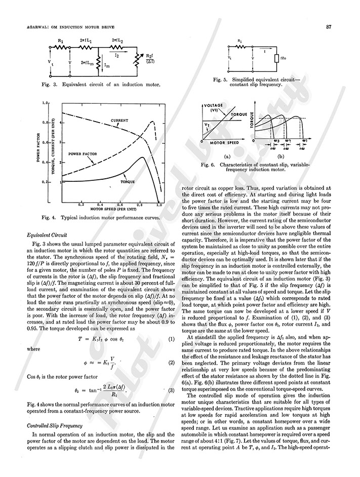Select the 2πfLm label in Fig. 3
pos(87,62)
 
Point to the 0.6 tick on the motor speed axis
pos(120,205)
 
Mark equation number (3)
pos(171,390)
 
